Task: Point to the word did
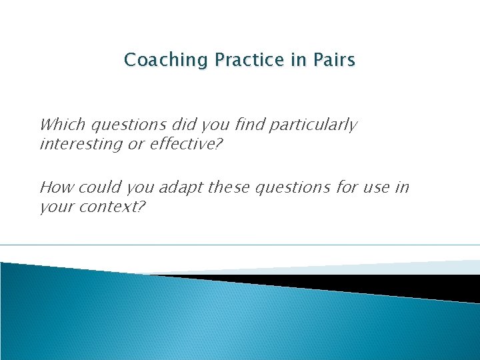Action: (183, 125)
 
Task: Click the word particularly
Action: (317, 125)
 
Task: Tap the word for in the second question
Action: (346, 187)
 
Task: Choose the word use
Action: (379, 187)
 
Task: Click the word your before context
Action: (56, 207)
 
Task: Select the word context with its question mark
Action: (111, 207)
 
